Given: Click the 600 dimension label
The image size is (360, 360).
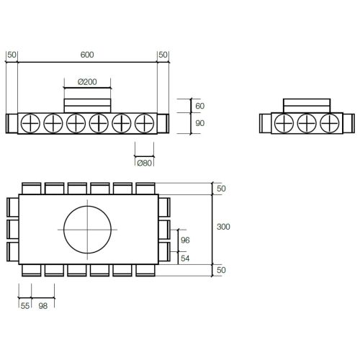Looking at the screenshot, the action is (x=87, y=55).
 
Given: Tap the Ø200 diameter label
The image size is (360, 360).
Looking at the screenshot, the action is (x=87, y=82).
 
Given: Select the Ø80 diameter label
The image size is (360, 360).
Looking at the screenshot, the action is (x=145, y=163).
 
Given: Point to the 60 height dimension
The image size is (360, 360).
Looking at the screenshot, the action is (x=200, y=106).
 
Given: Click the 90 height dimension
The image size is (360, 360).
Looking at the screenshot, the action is (x=200, y=123).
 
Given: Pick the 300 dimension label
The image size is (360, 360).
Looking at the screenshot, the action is (x=223, y=227).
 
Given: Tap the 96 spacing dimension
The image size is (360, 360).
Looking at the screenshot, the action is (x=185, y=240).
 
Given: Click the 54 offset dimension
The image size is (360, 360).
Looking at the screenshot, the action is (x=185, y=258).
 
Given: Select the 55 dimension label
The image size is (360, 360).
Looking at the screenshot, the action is (x=25, y=306).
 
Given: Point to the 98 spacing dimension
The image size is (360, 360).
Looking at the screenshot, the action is (x=43, y=306).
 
